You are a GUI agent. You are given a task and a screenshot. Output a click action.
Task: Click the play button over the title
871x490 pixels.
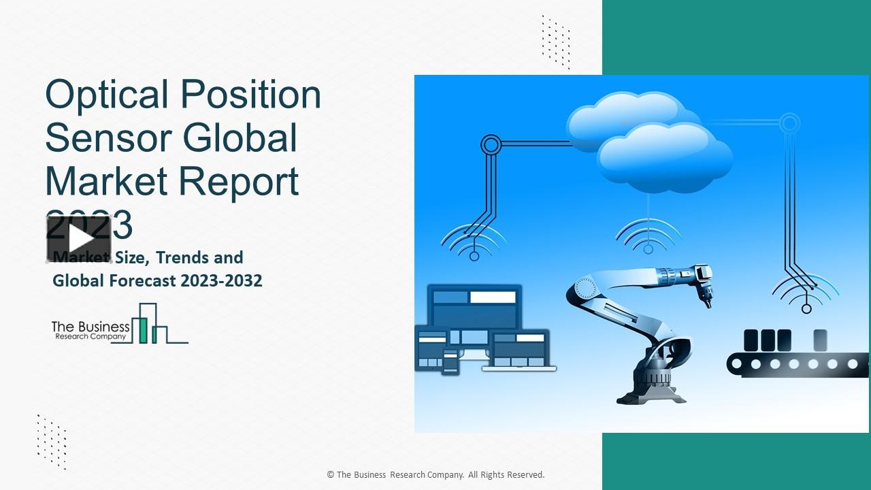point(79,239)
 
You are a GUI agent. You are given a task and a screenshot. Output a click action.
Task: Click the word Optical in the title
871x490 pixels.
point(106,95)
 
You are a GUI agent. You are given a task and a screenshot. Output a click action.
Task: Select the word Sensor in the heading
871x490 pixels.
point(100,137)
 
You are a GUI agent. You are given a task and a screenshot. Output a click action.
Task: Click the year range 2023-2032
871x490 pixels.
point(221,280)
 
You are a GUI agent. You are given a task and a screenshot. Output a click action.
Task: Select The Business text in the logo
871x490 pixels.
point(90,327)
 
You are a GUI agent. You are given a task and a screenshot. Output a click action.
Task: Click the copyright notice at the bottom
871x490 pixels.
point(435,475)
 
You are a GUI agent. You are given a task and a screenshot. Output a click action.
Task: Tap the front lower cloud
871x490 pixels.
point(663,161)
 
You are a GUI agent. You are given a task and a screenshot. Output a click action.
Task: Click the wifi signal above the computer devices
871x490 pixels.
point(474,242)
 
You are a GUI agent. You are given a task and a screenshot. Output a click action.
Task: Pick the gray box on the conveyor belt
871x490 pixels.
point(820,340)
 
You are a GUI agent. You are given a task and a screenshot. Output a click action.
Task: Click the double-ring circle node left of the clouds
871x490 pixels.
point(491,144)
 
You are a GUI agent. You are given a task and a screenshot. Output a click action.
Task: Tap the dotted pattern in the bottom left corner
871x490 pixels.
point(52,441)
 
